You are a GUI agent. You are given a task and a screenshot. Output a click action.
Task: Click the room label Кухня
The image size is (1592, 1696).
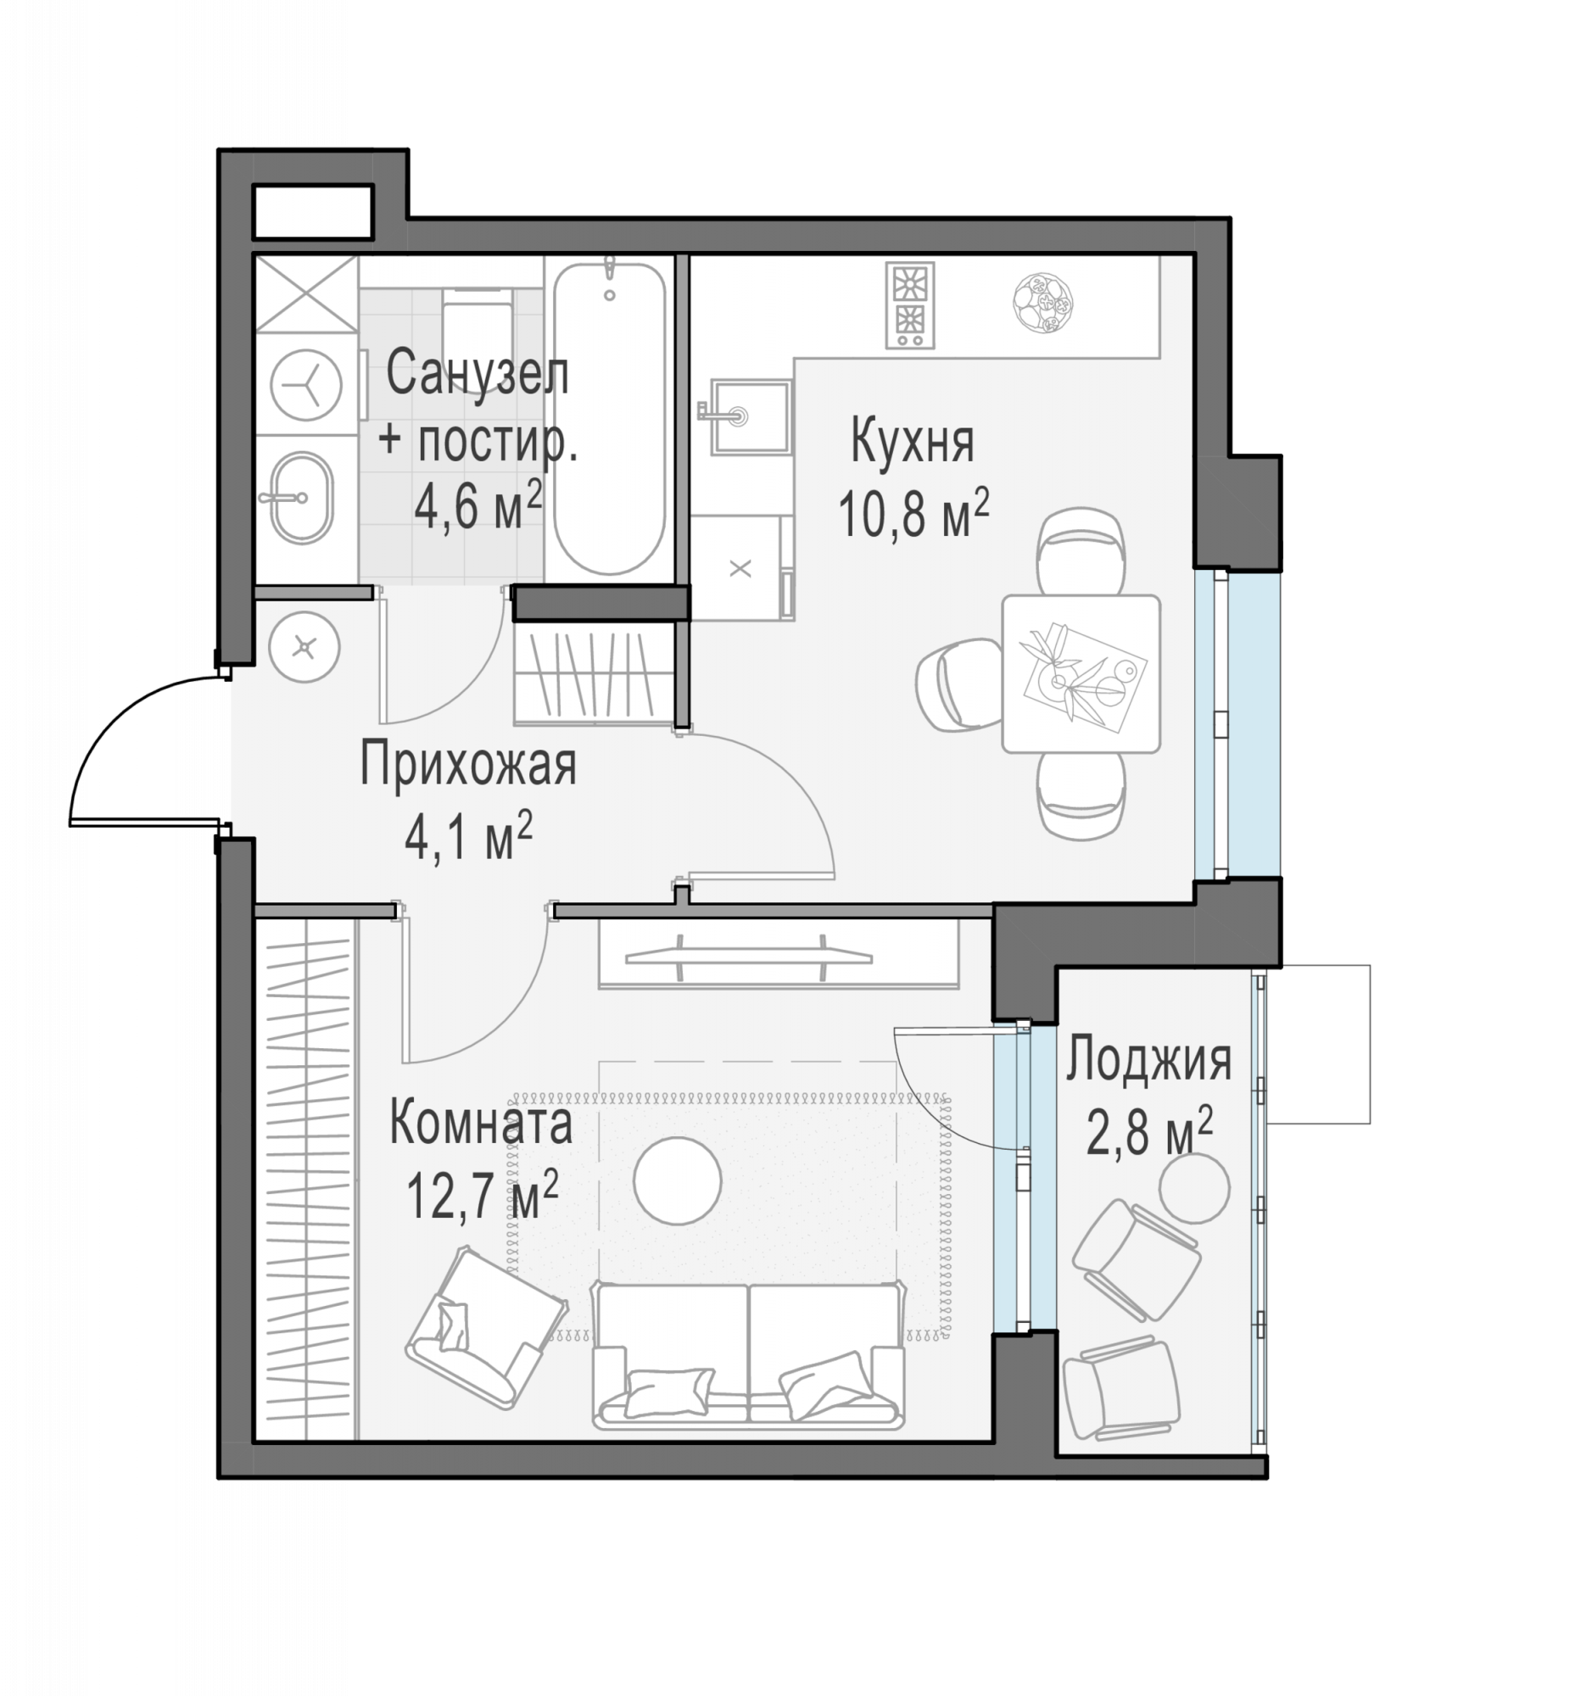click(x=912, y=441)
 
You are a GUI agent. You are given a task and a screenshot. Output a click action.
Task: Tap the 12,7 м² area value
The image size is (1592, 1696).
click(x=482, y=1194)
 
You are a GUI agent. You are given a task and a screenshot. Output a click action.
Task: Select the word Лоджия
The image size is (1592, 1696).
click(x=1148, y=1062)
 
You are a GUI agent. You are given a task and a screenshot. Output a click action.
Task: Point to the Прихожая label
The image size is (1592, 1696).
click(x=468, y=764)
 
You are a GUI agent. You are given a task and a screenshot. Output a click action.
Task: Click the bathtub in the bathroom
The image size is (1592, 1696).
click(x=608, y=418)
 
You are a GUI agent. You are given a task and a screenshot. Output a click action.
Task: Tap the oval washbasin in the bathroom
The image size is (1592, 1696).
click(x=302, y=499)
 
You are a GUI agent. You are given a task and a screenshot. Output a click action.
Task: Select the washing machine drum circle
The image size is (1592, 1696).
click(x=306, y=385)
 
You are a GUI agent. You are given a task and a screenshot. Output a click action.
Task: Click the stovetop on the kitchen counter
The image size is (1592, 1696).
click(x=910, y=305)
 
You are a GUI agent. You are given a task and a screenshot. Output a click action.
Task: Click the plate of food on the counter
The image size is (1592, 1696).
click(x=1042, y=303)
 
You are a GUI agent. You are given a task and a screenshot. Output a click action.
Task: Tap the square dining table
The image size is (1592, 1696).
click(x=1081, y=674)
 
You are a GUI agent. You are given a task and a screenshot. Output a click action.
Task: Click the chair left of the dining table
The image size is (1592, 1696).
click(x=960, y=685)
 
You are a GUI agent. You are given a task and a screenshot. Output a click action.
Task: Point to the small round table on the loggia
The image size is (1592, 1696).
click(x=1194, y=1188)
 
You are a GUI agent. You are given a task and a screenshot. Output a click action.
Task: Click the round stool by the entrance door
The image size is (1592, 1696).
click(x=304, y=647)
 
